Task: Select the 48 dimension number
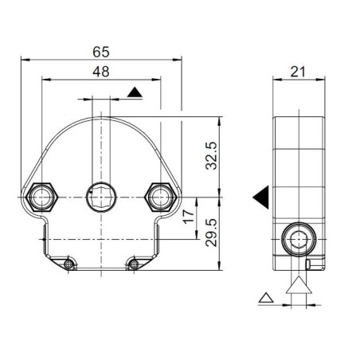[101, 72]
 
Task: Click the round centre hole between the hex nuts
[101, 195]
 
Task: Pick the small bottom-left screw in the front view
[70, 263]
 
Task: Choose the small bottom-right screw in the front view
[133, 263]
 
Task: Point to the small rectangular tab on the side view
[309, 264]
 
